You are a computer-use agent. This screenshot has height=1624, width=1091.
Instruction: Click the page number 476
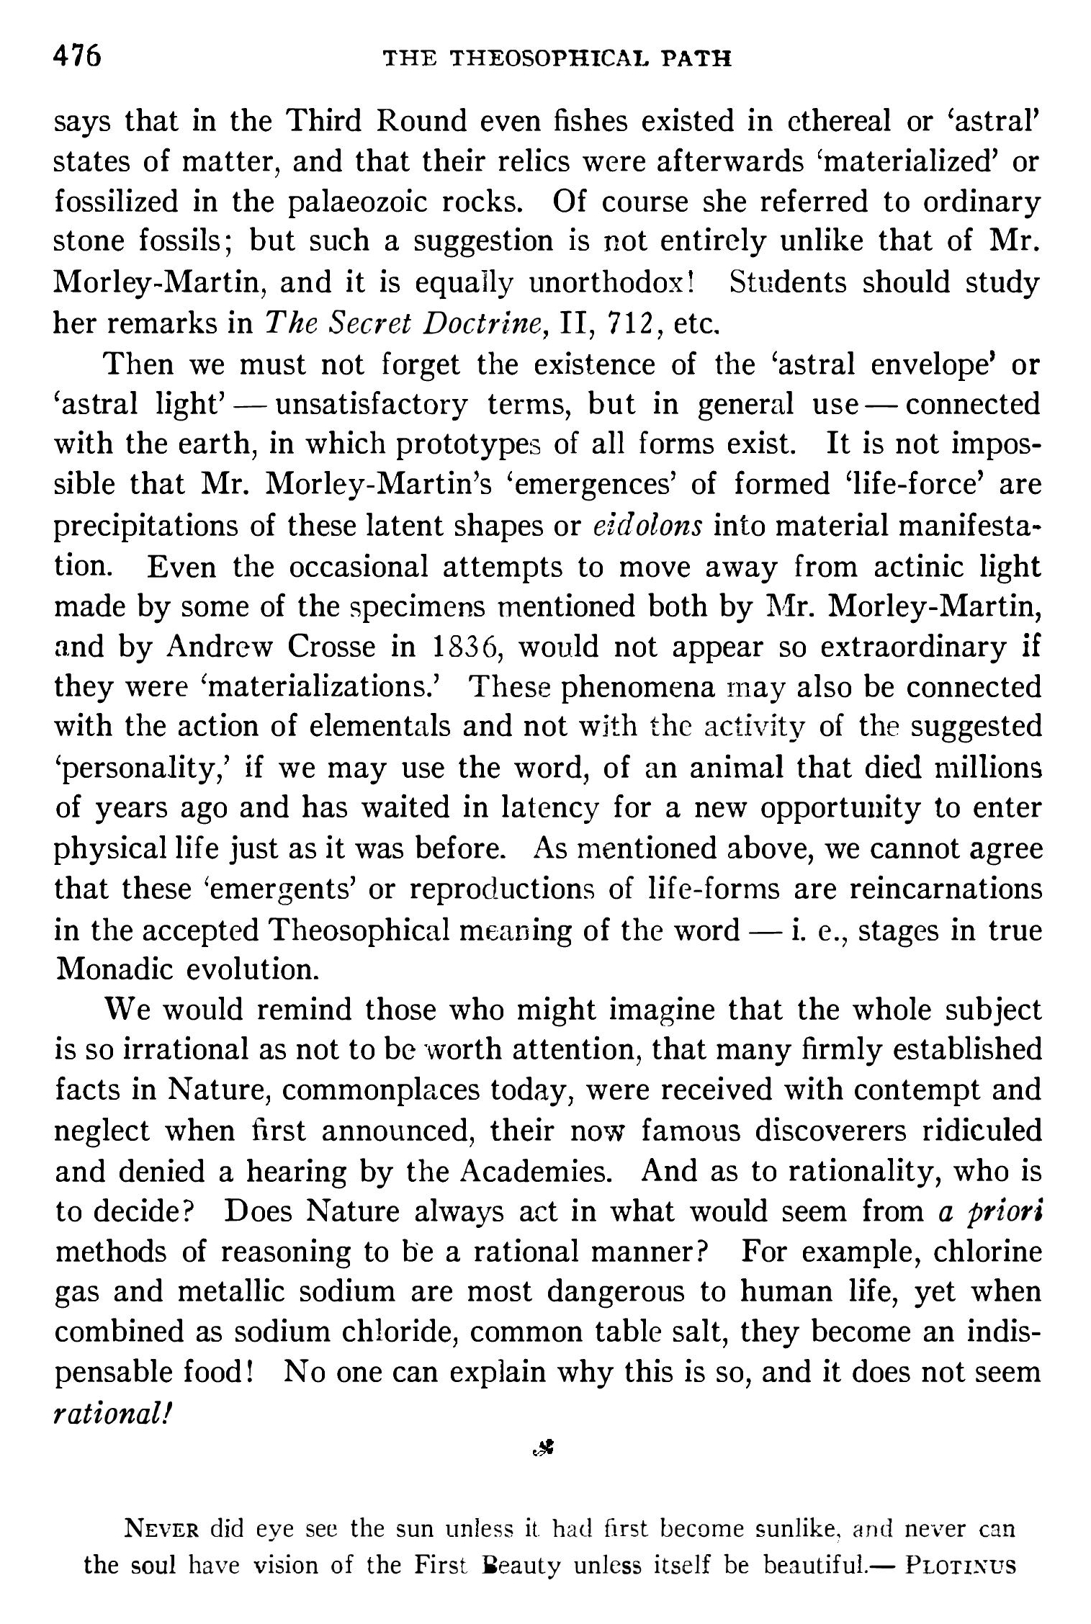78,55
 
